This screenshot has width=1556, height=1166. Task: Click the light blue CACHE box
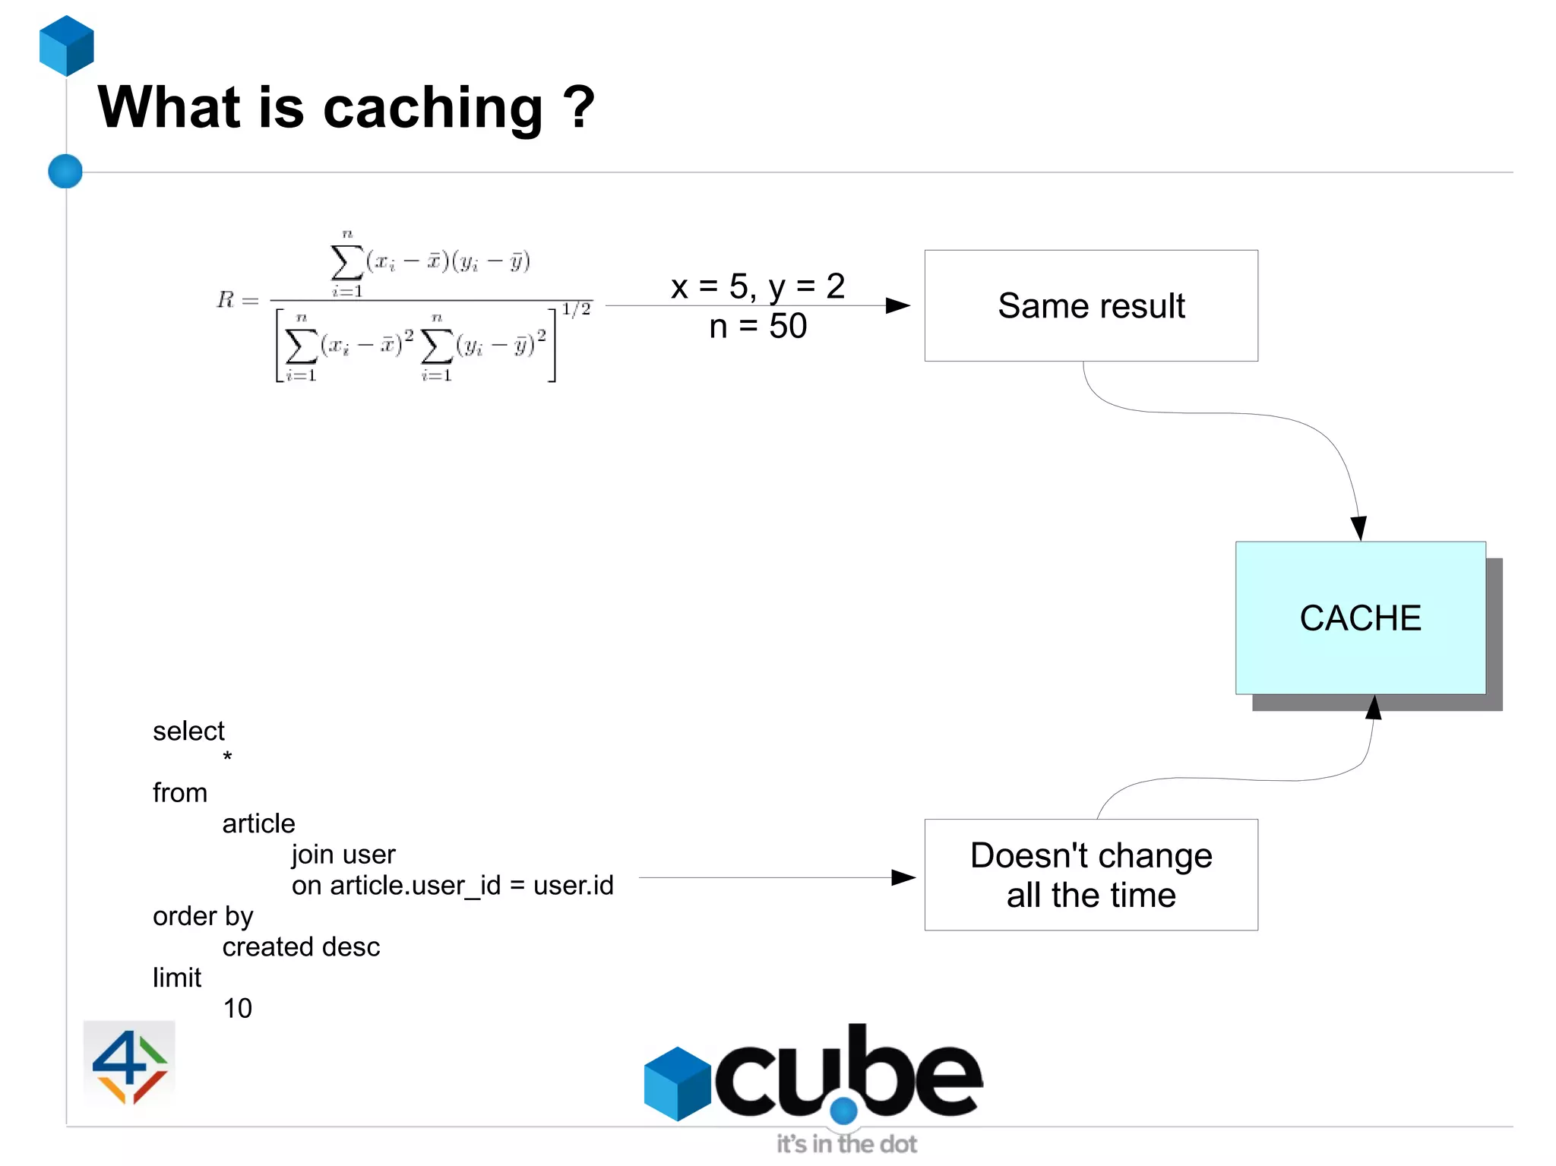(x=1359, y=618)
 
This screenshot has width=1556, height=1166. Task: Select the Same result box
(x=1090, y=305)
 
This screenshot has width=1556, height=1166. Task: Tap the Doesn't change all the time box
(x=1090, y=874)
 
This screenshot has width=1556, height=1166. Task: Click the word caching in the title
(x=433, y=108)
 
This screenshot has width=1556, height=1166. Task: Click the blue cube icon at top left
(x=67, y=46)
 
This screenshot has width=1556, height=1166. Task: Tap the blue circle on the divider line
(x=65, y=171)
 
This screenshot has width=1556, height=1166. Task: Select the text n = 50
(x=757, y=327)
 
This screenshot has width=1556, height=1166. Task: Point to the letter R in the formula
(x=226, y=299)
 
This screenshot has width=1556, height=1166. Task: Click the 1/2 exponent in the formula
(x=576, y=309)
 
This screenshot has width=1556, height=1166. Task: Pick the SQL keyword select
(x=188, y=731)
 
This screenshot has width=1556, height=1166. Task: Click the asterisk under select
(x=227, y=757)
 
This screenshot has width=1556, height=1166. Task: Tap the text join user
(x=343, y=855)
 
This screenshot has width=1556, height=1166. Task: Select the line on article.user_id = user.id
(x=452, y=886)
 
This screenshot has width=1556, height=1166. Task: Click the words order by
(x=203, y=916)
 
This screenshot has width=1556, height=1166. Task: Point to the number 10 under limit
(x=237, y=1009)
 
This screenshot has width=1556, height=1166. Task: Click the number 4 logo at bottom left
(x=129, y=1064)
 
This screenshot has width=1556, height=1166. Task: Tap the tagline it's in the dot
(x=846, y=1144)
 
